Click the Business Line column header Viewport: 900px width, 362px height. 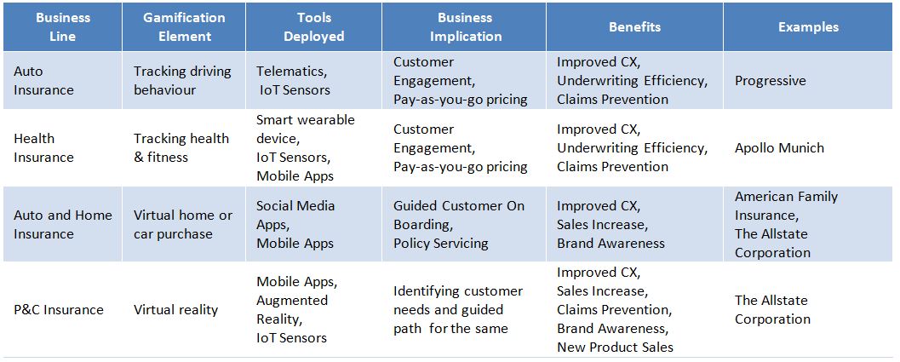coord(62,27)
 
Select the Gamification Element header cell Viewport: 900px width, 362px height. coord(184,27)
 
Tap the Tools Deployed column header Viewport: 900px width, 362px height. coord(314,27)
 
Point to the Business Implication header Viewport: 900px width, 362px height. coord(466,27)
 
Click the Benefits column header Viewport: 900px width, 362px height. coord(635,27)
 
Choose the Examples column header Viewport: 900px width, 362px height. coord(808,27)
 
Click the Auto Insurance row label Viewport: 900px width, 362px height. coord(43,81)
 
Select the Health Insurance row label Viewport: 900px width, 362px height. coord(43,147)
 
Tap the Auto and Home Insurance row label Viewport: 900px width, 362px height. coord(63,225)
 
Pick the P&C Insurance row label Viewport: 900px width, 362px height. coord(59,310)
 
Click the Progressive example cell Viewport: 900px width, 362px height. coord(771,80)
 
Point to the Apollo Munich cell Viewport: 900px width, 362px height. coord(779,147)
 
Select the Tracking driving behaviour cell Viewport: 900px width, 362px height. coord(182,81)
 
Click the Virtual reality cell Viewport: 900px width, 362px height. coord(175,310)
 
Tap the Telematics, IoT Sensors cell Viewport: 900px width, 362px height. coord(293,81)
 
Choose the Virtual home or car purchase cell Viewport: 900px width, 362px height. coord(183,225)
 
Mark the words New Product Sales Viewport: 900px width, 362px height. coord(615,347)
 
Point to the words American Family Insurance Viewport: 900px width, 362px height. coord(787,206)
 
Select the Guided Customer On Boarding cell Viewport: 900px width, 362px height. coord(459,215)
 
